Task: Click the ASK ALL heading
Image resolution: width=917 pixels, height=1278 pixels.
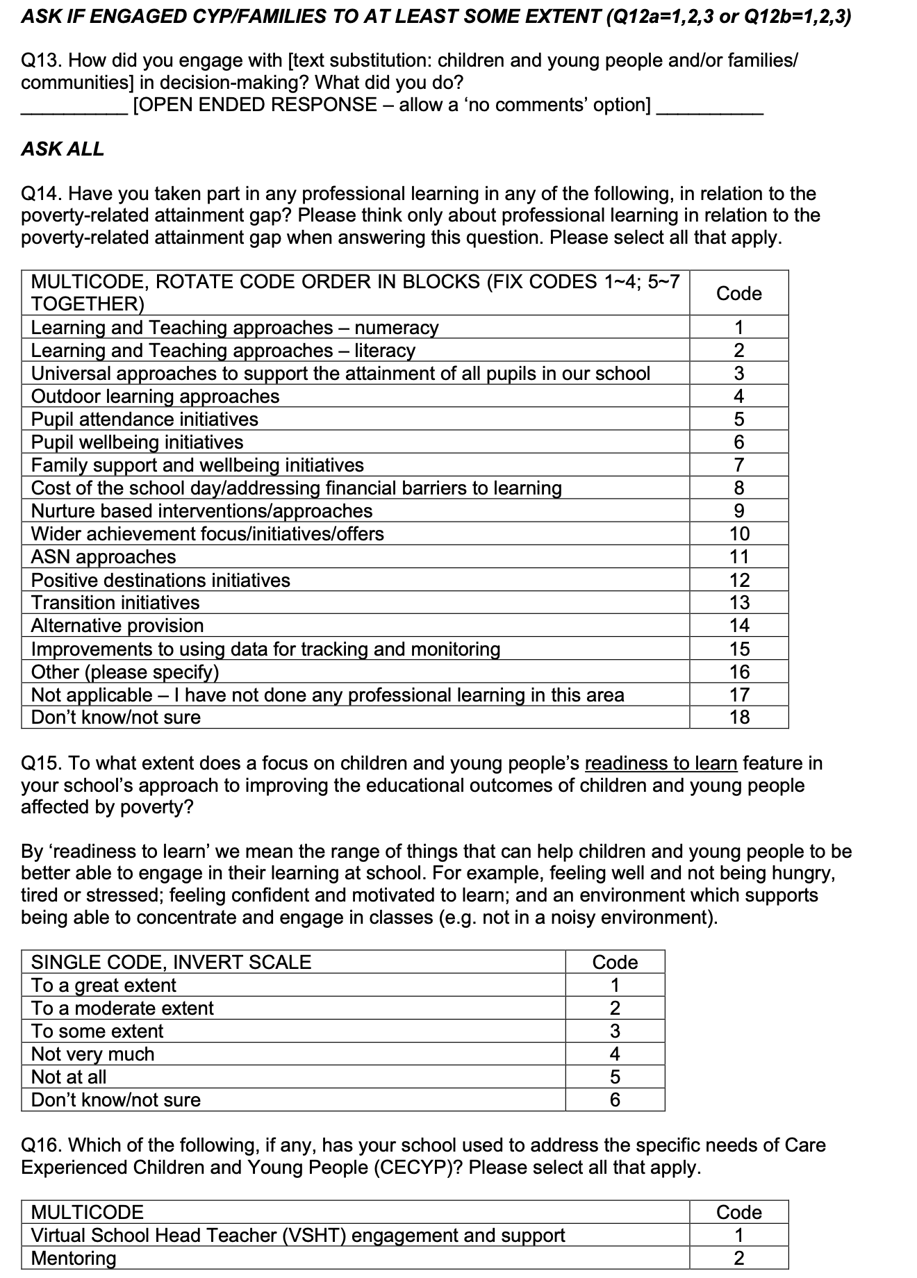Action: pos(63,149)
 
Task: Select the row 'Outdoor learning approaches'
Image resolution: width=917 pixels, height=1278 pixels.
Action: pos(155,397)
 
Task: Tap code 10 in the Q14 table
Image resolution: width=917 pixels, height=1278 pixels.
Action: pos(739,534)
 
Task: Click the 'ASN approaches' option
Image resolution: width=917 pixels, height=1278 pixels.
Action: pos(104,557)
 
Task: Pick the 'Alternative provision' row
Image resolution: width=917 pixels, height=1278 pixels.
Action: pos(117,626)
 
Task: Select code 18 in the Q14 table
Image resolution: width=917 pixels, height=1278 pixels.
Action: pos(739,717)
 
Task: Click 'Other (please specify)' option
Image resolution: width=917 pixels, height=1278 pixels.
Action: pos(125,672)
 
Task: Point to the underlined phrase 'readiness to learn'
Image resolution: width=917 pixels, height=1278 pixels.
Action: pos(661,763)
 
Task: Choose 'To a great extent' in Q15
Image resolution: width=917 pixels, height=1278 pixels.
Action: pos(104,986)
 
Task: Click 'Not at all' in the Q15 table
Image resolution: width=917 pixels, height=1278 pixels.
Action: pos(69,1077)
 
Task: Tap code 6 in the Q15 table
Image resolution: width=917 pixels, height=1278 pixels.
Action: pos(615,1100)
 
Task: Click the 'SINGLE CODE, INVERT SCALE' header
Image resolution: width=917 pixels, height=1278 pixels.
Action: pos(171,963)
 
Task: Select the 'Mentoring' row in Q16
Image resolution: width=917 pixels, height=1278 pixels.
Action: pos(74,1259)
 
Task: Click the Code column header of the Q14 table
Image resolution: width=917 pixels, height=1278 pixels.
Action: pos(739,293)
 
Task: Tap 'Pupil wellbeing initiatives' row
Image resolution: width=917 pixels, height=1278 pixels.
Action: pos(137,442)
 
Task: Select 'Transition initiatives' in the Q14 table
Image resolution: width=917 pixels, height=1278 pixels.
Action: pos(115,603)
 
